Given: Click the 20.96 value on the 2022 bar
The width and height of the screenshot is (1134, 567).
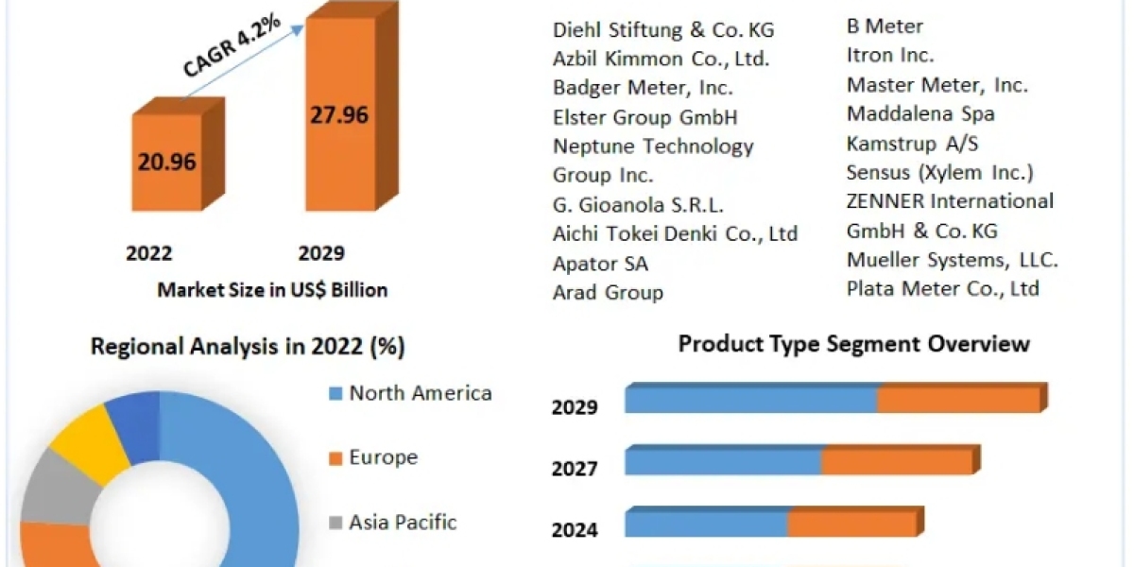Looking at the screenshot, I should (166, 162).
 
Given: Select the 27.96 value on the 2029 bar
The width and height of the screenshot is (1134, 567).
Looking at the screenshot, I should (339, 115).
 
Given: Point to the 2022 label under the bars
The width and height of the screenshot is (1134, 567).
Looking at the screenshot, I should (149, 253).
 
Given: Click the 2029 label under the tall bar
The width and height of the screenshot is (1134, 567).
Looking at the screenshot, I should (321, 253).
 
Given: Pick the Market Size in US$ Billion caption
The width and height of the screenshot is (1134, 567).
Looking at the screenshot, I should (272, 290).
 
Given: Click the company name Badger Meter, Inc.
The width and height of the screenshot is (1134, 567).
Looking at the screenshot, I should (643, 88).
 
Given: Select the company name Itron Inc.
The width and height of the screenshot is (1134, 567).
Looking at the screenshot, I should (890, 56).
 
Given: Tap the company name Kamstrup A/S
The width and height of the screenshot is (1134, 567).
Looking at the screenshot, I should (912, 144).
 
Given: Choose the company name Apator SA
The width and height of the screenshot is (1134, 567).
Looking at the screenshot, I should (600, 264).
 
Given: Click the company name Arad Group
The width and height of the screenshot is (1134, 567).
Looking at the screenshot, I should (608, 293).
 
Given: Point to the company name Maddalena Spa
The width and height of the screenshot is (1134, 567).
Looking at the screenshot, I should (920, 114).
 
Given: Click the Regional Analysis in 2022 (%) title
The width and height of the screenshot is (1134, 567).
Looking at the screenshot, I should (248, 347).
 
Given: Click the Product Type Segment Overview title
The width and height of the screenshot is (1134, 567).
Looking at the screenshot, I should (853, 344).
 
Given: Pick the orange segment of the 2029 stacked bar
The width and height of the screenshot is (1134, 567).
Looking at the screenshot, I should (958, 400).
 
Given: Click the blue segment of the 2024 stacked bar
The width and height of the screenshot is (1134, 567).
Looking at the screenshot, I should (707, 524).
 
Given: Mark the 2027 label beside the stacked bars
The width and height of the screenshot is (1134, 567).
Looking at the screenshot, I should (575, 469).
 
